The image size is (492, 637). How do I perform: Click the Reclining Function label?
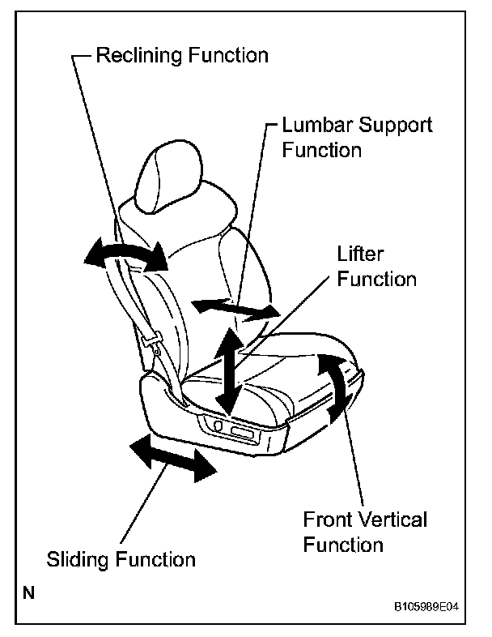[181, 56]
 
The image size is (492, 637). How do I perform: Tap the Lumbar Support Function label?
[356, 138]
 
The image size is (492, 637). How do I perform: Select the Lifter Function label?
[376, 267]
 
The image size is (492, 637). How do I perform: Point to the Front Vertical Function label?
[364, 531]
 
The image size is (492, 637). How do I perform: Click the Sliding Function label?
[121, 559]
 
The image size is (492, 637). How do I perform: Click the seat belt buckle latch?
[151, 343]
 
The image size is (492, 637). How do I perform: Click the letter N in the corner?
[28, 593]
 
